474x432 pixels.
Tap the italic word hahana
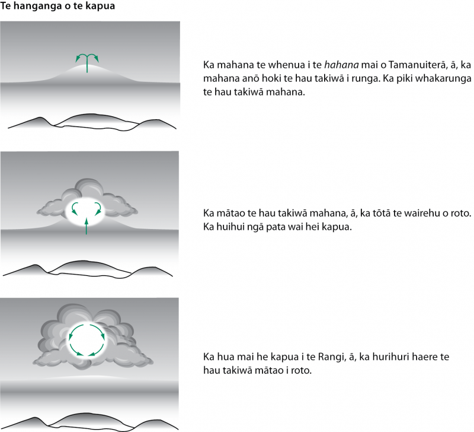341,65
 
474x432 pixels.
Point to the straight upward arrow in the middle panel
87,226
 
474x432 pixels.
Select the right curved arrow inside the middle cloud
98,209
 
